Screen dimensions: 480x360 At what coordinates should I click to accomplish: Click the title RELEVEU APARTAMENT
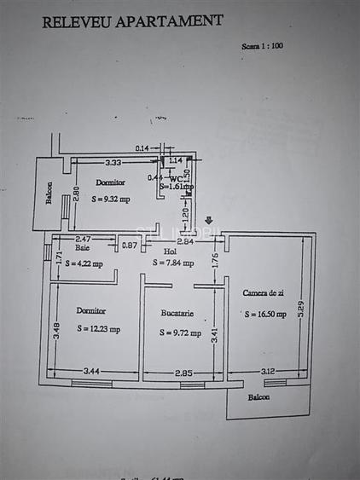pyautogui.click(x=132, y=21)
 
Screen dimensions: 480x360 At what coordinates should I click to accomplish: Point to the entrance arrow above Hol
pyautogui.click(x=210, y=221)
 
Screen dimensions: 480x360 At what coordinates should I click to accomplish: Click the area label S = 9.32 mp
pyautogui.click(x=112, y=197)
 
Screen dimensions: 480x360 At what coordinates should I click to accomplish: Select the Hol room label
pyautogui.click(x=170, y=251)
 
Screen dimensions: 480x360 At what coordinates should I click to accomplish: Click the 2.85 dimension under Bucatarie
pyautogui.click(x=184, y=373)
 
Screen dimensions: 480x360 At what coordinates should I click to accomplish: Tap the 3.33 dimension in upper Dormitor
pyautogui.click(x=112, y=162)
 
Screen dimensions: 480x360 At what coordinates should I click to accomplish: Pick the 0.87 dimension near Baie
pyautogui.click(x=129, y=246)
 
